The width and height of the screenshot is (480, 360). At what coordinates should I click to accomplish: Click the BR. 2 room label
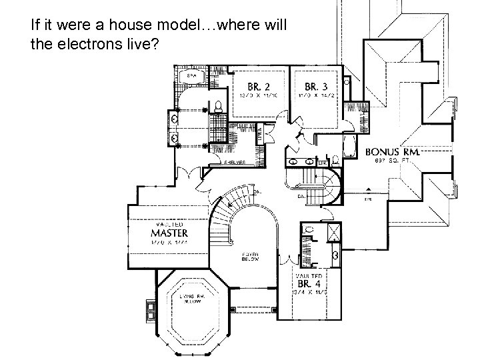[259, 87]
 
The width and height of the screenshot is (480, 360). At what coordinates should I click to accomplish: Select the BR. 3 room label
[316, 86]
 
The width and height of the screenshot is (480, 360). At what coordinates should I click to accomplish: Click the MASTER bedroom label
[169, 233]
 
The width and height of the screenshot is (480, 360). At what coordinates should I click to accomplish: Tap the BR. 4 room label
[309, 283]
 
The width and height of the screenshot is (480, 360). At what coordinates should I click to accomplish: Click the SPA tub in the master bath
[191, 77]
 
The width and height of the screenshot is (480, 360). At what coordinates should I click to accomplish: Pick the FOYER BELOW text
[250, 257]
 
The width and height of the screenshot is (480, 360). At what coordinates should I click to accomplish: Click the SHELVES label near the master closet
[235, 162]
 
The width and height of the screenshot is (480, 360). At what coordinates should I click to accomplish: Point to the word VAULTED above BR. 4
[309, 275]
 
